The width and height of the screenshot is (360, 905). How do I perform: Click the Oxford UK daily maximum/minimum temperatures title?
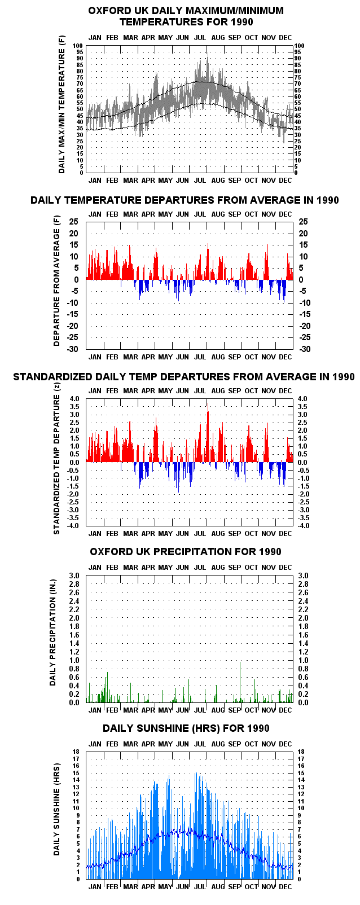click(186, 16)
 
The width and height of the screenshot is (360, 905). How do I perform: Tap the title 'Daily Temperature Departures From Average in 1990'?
click(185, 200)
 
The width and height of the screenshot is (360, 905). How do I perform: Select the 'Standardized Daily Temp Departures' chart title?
click(184, 377)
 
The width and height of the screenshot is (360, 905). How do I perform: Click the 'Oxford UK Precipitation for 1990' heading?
click(186, 552)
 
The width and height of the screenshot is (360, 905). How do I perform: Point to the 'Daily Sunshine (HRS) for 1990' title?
click(186, 728)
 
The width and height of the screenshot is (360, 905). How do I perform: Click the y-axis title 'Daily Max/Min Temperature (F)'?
click(62, 109)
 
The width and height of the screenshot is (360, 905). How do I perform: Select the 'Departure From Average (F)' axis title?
click(56, 281)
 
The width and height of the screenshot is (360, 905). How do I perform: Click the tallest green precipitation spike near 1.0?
click(240, 682)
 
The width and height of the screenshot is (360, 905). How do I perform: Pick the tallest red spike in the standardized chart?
click(208, 432)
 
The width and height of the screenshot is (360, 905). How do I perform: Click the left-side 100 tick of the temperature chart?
click(77, 46)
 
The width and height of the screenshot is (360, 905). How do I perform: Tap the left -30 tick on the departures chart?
click(73, 349)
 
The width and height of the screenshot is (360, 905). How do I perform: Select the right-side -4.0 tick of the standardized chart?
click(304, 526)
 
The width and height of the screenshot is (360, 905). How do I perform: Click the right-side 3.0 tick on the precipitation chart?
click(303, 575)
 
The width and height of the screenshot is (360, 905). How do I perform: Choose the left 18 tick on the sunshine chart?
click(77, 752)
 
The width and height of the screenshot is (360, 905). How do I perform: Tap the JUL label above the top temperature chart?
click(200, 38)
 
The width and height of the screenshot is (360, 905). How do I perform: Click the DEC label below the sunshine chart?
click(286, 886)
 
